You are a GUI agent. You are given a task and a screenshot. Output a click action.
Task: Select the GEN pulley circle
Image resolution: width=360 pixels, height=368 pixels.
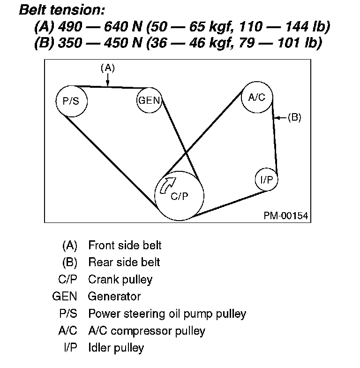[149, 100]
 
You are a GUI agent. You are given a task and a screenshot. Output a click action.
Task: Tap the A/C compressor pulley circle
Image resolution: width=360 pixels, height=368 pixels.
[256, 98]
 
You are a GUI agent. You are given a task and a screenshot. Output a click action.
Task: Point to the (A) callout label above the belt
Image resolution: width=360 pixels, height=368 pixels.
[108, 68]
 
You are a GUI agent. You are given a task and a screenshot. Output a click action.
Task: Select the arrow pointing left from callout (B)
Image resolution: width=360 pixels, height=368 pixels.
[280, 118]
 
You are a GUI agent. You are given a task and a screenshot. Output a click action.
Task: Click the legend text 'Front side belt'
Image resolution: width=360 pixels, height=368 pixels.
[125, 245]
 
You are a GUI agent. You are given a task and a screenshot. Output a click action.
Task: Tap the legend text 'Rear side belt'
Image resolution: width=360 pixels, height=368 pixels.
[124, 262]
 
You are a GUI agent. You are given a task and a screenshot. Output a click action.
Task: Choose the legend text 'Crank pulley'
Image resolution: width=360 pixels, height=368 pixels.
[120, 279]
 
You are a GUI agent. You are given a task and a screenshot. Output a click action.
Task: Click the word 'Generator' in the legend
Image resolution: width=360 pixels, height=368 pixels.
[114, 297]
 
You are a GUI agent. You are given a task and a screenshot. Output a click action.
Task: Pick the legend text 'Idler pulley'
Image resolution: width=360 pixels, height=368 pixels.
[116, 348]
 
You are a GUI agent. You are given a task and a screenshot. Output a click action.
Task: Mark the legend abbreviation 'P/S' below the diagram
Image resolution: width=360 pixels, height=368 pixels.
[67, 314]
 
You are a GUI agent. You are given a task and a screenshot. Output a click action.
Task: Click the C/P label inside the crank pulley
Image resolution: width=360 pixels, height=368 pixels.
[180, 197]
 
